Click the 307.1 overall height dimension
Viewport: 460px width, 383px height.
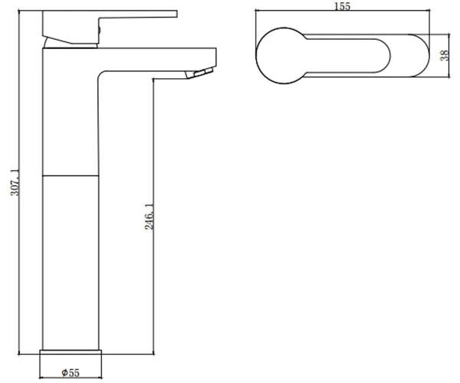tap(15, 182)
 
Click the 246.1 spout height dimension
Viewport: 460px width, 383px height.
tap(149, 217)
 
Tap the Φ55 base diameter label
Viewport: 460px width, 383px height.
tap(71, 373)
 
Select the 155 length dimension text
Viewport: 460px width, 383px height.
tap(343, 6)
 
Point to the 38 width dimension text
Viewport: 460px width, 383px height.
tap(445, 55)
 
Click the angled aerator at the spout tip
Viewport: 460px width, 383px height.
tap(199, 73)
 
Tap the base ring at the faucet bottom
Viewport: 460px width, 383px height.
tap(71, 352)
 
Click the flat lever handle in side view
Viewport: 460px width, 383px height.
tap(110, 27)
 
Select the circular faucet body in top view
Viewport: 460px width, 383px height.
tap(284, 56)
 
